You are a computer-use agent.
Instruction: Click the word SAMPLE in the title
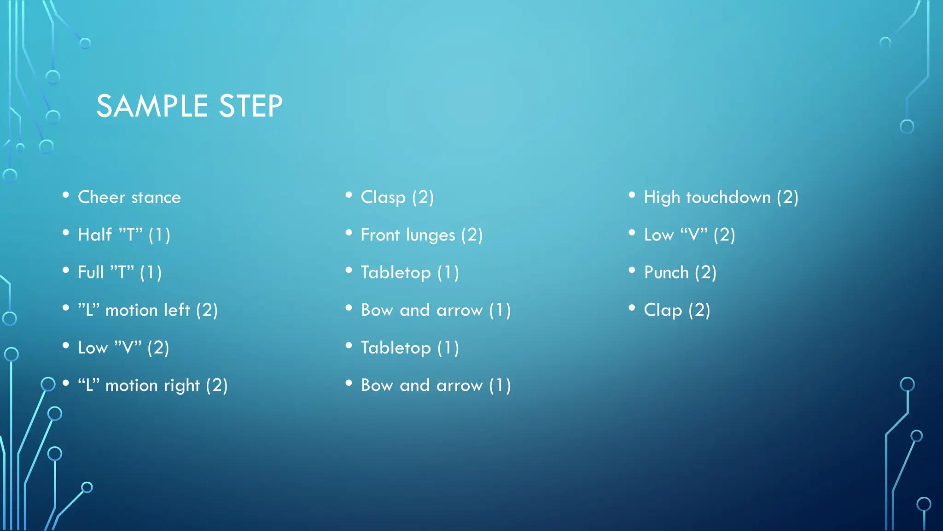tap(152, 106)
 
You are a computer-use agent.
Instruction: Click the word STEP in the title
tap(250, 106)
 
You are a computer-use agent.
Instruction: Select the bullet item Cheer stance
tap(129, 197)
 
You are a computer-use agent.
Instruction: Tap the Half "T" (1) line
tap(124, 235)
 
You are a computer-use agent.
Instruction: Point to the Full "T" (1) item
tap(120, 272)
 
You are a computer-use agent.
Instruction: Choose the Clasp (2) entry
tap(397, 197)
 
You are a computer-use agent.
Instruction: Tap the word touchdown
tap(728, 197)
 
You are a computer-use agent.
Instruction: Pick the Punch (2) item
tap(680, 272)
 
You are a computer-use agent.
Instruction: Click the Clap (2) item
tap(677, 310)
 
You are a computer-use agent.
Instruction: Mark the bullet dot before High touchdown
tap(632, 195)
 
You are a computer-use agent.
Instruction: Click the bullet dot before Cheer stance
tap(66, 195)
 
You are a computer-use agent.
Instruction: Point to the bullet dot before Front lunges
tap(349, 233)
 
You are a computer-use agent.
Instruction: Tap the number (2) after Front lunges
tap(471, 235)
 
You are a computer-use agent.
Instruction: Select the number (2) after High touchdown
tap(787, 197)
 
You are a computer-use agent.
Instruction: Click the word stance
tap(156, 197)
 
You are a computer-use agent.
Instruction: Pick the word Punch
tap(666, 272)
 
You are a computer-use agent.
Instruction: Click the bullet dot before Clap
tap(632, 307)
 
